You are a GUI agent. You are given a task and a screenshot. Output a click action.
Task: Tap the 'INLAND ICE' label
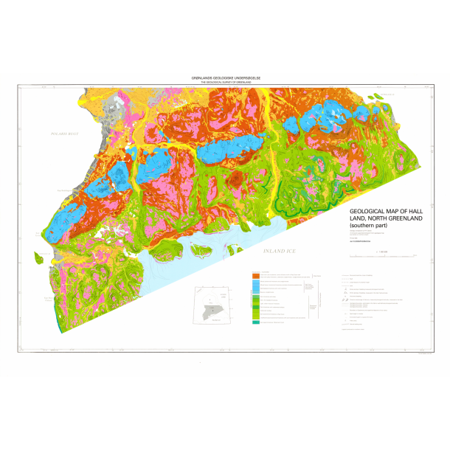tap(279, 252)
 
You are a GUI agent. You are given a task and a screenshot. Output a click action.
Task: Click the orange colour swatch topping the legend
tap(254, 274)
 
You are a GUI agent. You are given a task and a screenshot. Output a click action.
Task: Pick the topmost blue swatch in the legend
tap(254, 283)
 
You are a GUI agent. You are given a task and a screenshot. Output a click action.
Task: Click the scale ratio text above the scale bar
tap(381, 251)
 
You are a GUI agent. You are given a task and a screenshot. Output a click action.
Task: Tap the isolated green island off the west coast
tap(39, 257)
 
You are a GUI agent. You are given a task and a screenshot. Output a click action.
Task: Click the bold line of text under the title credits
tap(361, 241)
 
